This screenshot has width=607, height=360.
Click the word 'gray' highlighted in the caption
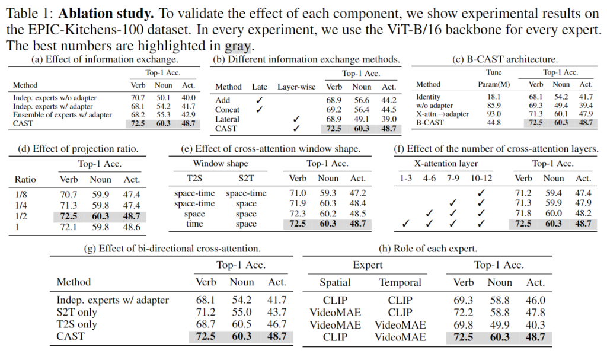pos(238,45)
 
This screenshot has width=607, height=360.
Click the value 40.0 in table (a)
pos(187,97)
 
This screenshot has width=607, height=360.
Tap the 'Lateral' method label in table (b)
pos(227,119)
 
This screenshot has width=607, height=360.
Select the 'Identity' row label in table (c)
pos(429,97)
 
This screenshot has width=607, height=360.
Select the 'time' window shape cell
pos(194,224)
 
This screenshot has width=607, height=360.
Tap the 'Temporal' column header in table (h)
pos(400,282)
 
